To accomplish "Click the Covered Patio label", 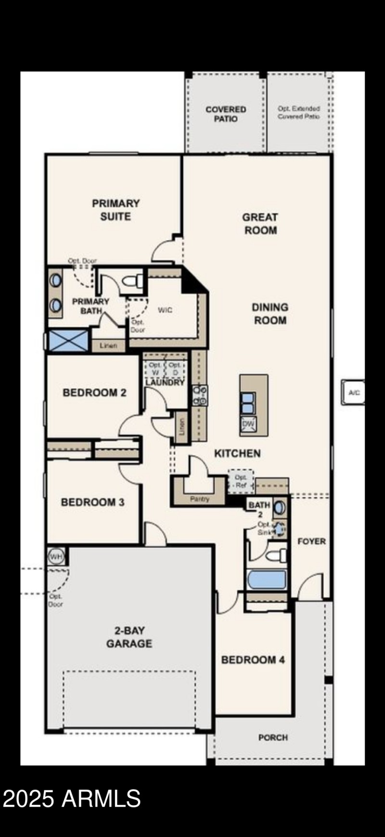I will coord(226,114).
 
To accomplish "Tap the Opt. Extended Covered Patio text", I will coord(298,113).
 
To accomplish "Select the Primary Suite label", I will coord(115,210).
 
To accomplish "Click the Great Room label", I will coord(260,224).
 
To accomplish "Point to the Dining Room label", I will coord(270,313).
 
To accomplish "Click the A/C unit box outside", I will coord(354,393).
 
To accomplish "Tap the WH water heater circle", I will coord(56,557).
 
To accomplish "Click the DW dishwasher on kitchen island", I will coord(248,424).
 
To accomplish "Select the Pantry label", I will coord(200,499).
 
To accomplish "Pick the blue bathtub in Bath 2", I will coord(267,579).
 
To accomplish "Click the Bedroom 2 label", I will coord(94,392).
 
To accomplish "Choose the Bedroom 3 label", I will coord(92,502).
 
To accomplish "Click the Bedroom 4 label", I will coord(253,659).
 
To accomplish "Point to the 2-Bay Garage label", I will coord(129,637).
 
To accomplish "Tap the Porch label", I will coord(273,737).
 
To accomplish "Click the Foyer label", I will coord(311,541).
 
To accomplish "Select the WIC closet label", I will coord(165,310).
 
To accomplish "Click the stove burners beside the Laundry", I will coord(200,395).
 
